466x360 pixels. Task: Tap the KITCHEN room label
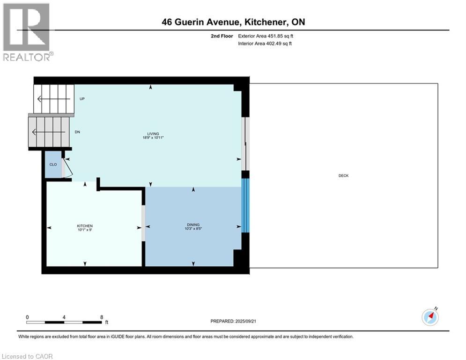tap(85, 226)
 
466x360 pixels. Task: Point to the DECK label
tap(343, 176)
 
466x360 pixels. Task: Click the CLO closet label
tap(53, 165)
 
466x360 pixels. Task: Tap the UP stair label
tap(82, 99)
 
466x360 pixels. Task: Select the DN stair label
tap(78, 132)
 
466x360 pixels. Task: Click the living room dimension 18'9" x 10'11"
tap(153, 137)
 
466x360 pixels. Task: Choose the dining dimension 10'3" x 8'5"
tap(193, 230)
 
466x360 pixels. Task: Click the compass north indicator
tap(430, 317)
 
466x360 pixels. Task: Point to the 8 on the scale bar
tap(102, 317)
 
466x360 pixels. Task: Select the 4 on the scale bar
tap(64, 317)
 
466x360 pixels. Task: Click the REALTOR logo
tap(27, 31)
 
